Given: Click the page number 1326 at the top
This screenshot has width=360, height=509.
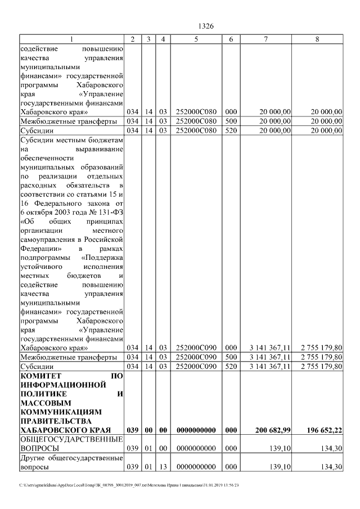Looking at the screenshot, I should click(206, 26).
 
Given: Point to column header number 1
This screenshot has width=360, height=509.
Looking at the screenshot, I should click(71, 39).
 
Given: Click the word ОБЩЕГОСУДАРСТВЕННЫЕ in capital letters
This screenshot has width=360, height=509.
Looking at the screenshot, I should click(71, 439).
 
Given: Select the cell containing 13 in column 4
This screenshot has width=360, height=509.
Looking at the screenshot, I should click(162, 467).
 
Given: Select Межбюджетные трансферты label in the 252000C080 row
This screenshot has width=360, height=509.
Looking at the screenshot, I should click(68, 121).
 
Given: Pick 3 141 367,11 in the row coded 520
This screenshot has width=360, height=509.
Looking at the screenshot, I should click(270, 367).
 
